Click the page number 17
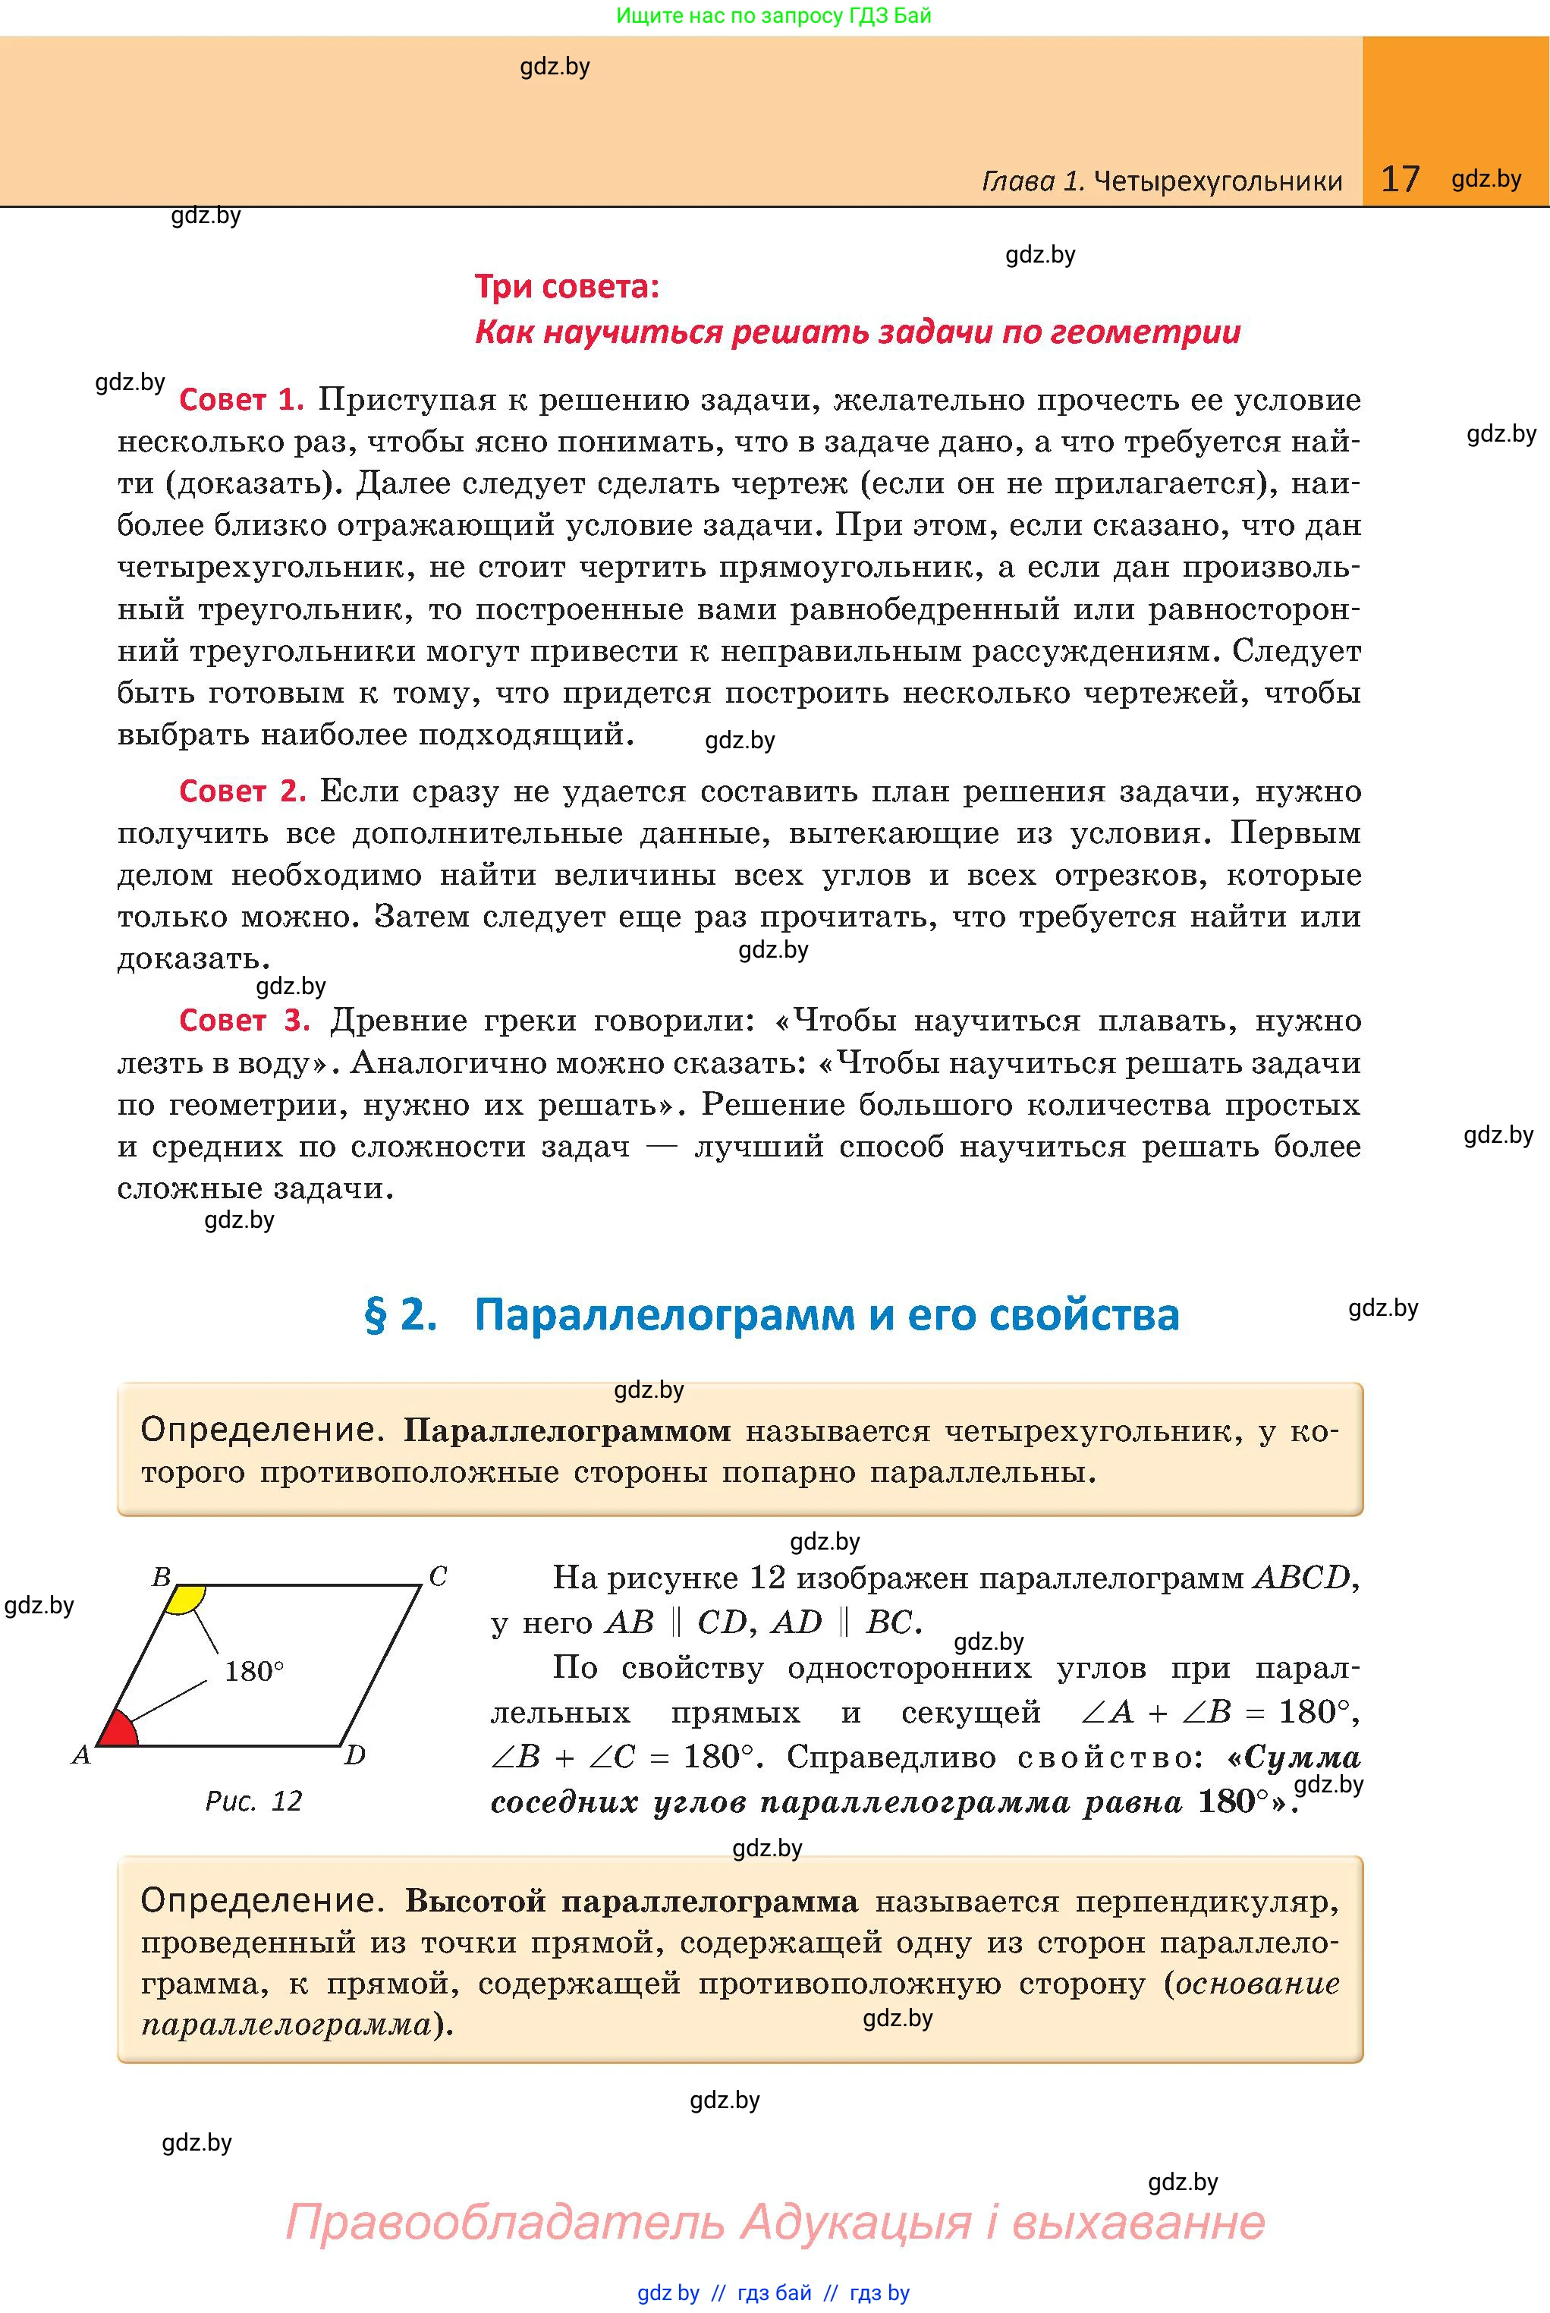(x=1400, y=179)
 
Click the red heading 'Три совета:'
(x=567, y=287)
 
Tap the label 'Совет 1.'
(x=241, y=401)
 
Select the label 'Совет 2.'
(x=242, y=791)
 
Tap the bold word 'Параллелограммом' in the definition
(x=567, y=1430)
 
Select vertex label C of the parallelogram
(x=438, y=1577)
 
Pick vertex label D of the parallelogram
(x=355, y=1755)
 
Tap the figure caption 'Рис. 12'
(x=253, y=1801)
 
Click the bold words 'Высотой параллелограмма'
(x=630, y=1901)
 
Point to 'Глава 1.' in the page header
(x=1033, y=181)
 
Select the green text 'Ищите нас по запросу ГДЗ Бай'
(x=773, y=15)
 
